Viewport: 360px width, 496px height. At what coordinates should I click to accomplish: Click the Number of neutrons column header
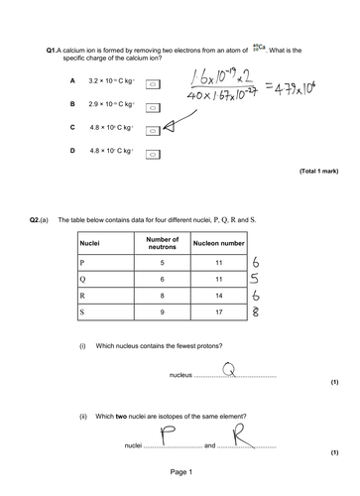(x=162, y=243)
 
